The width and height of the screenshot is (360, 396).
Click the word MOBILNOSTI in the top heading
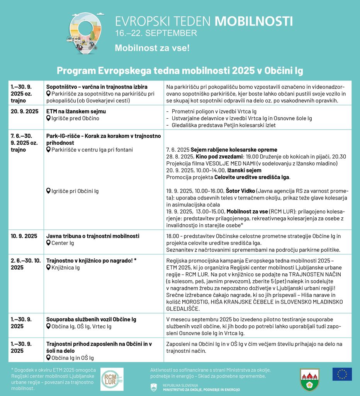tap(253, 21)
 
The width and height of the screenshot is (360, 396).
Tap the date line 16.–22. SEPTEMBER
tap(156, 33)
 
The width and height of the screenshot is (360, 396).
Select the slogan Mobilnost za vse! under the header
tap(152, 48)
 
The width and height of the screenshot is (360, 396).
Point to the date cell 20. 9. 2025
tap(25, 111)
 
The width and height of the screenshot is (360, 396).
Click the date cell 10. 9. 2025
tap(24, 236)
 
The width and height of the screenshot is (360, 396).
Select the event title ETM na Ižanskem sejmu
tap(76, 111)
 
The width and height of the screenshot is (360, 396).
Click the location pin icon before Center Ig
tap(49, 243)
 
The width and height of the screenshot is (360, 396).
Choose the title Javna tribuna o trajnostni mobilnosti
tap(93, 236)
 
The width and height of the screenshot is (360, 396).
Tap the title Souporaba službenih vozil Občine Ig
tap(91, 319)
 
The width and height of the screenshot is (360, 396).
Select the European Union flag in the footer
tap(342, 374)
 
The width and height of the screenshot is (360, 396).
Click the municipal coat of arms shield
tap(309, 379)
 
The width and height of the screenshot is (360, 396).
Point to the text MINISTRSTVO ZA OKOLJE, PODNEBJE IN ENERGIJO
tap(201, 389)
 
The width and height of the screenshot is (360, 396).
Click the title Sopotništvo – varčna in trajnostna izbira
tap(97, 87)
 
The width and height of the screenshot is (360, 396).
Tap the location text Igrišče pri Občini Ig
tap(75, 191)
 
